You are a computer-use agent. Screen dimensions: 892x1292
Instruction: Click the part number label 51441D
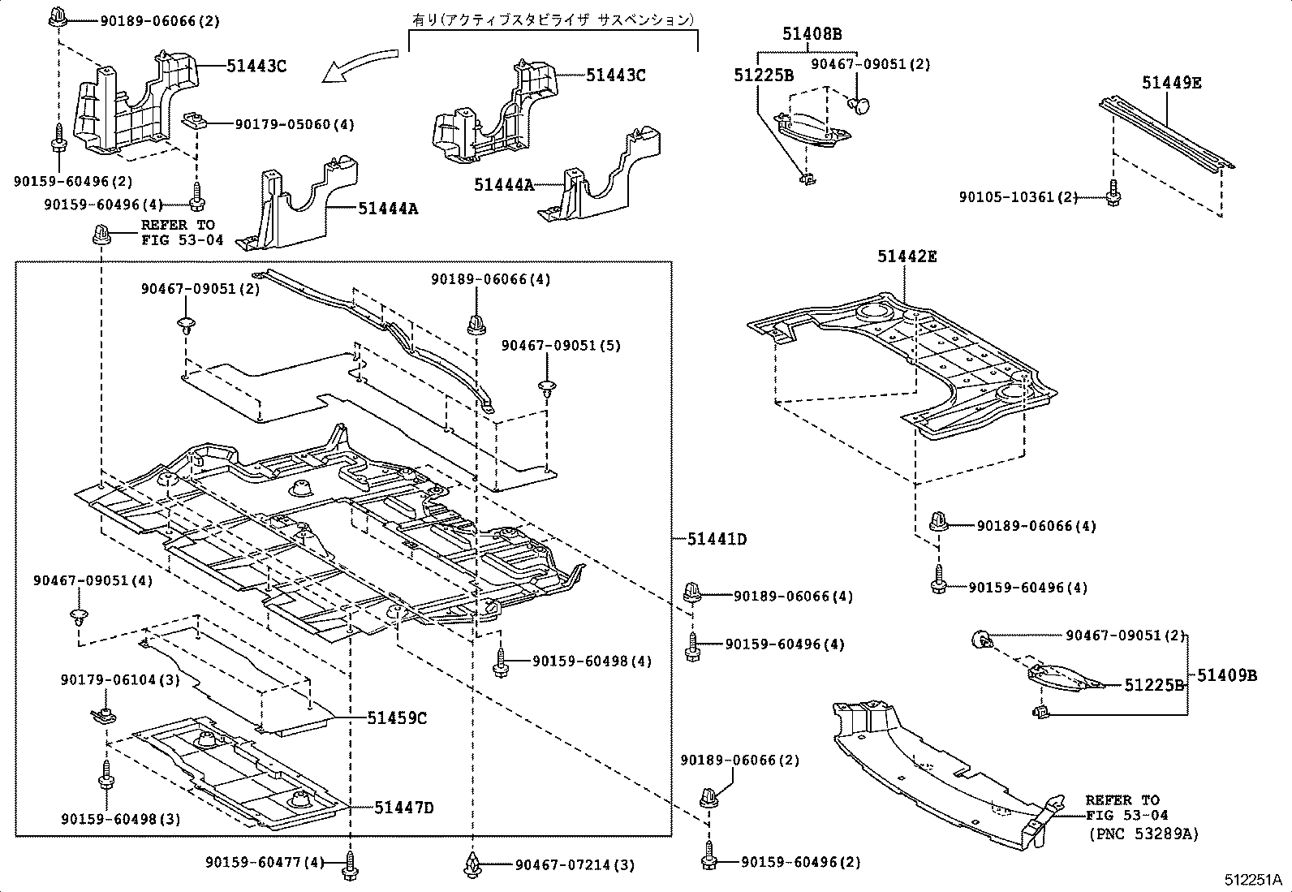point(717,539)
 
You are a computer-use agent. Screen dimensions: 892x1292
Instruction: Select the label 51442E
point(907,257)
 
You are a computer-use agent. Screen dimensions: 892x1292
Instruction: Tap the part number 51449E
point(1172,83)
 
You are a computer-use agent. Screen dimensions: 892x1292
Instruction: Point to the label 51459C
point(397,718)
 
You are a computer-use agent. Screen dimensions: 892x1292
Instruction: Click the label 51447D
point(404,808)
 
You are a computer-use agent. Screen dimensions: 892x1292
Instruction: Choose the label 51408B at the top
point(812,34)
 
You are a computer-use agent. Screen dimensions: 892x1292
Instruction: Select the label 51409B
point(1227,675)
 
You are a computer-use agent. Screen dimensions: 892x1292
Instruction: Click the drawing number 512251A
point(1252,880)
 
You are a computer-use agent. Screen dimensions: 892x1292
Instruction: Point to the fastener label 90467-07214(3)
point(575,865)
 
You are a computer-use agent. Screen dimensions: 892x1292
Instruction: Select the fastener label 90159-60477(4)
point(265,862)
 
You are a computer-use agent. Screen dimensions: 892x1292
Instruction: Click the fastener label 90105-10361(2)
point(1018,197)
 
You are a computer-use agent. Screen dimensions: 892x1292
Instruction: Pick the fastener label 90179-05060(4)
point(295,125)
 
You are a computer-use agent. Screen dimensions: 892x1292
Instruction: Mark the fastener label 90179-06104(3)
point(120,679)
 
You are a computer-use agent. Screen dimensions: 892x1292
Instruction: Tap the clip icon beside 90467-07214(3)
point(472,864)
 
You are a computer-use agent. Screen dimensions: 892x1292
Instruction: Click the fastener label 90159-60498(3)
point(120,819)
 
